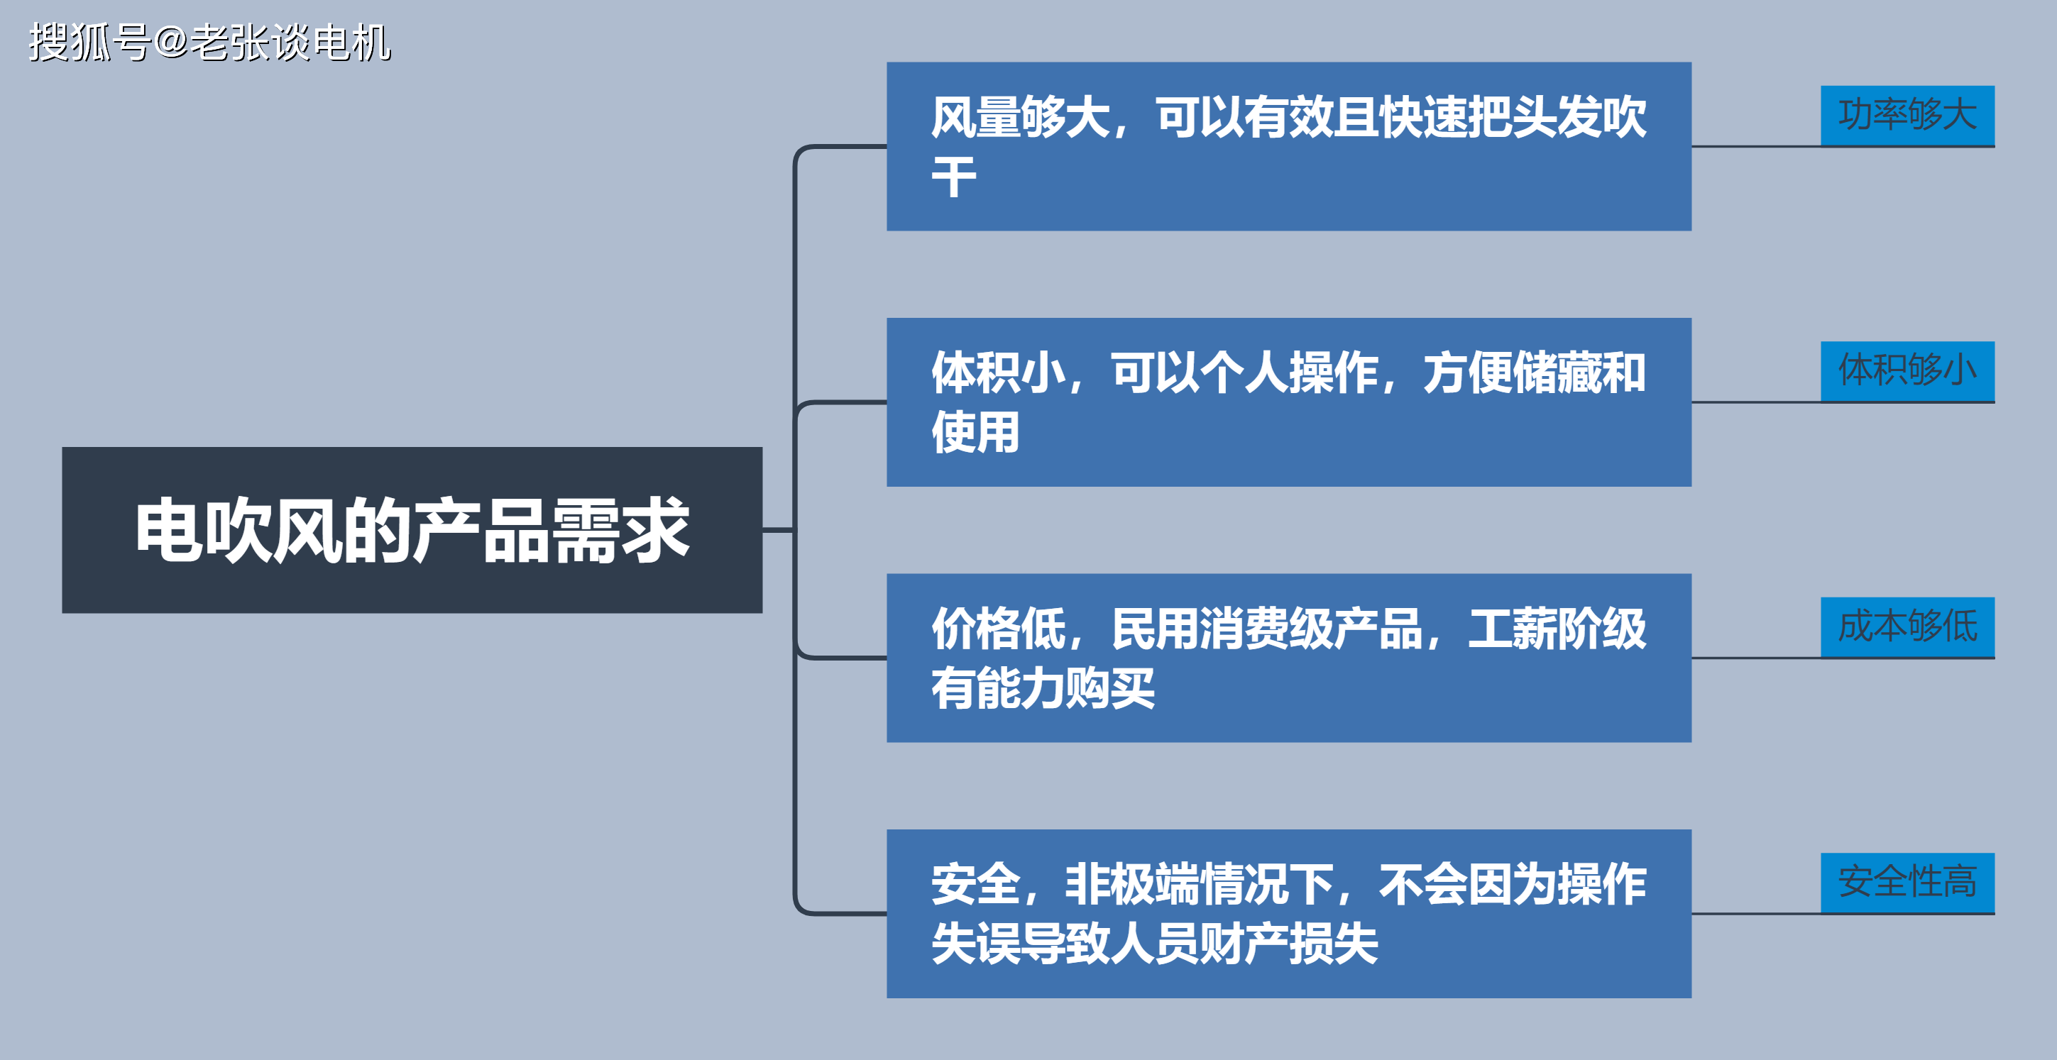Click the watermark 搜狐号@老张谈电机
(x=210, y=43)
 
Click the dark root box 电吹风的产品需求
(x=412, y=530)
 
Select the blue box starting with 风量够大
(x=1289, y=147)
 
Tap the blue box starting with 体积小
(x=1289, y=402)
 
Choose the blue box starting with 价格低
(x=1289, y=658)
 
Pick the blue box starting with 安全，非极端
(x=1289, y=914)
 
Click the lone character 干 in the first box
(x=954, y=177)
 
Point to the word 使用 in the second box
(x=976, y=433)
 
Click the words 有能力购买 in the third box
(x=1043, y=688)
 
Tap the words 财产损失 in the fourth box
(x=1288, y=944)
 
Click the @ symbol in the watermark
(x=170, y=43)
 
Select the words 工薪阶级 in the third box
(x=1557, y=629)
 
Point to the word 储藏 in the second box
(x=1557, y=372)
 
